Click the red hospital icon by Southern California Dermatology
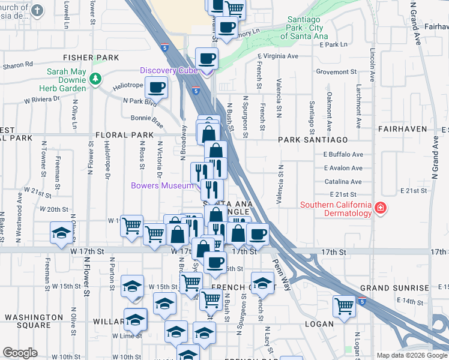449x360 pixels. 380,208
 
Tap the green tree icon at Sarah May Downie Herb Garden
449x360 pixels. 95,79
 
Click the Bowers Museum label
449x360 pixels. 162,186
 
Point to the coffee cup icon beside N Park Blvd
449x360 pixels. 156,88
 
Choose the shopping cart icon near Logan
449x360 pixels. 345,306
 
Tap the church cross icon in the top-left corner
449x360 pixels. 38,10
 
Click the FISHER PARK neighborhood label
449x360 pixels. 93,58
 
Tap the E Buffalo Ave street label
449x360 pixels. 343,155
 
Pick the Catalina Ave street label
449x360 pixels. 343,182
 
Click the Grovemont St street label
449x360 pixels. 337,72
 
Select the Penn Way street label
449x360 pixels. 282,278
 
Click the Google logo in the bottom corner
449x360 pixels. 20,353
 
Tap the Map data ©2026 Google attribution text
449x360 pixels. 411,355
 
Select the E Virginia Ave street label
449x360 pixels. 278,56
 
